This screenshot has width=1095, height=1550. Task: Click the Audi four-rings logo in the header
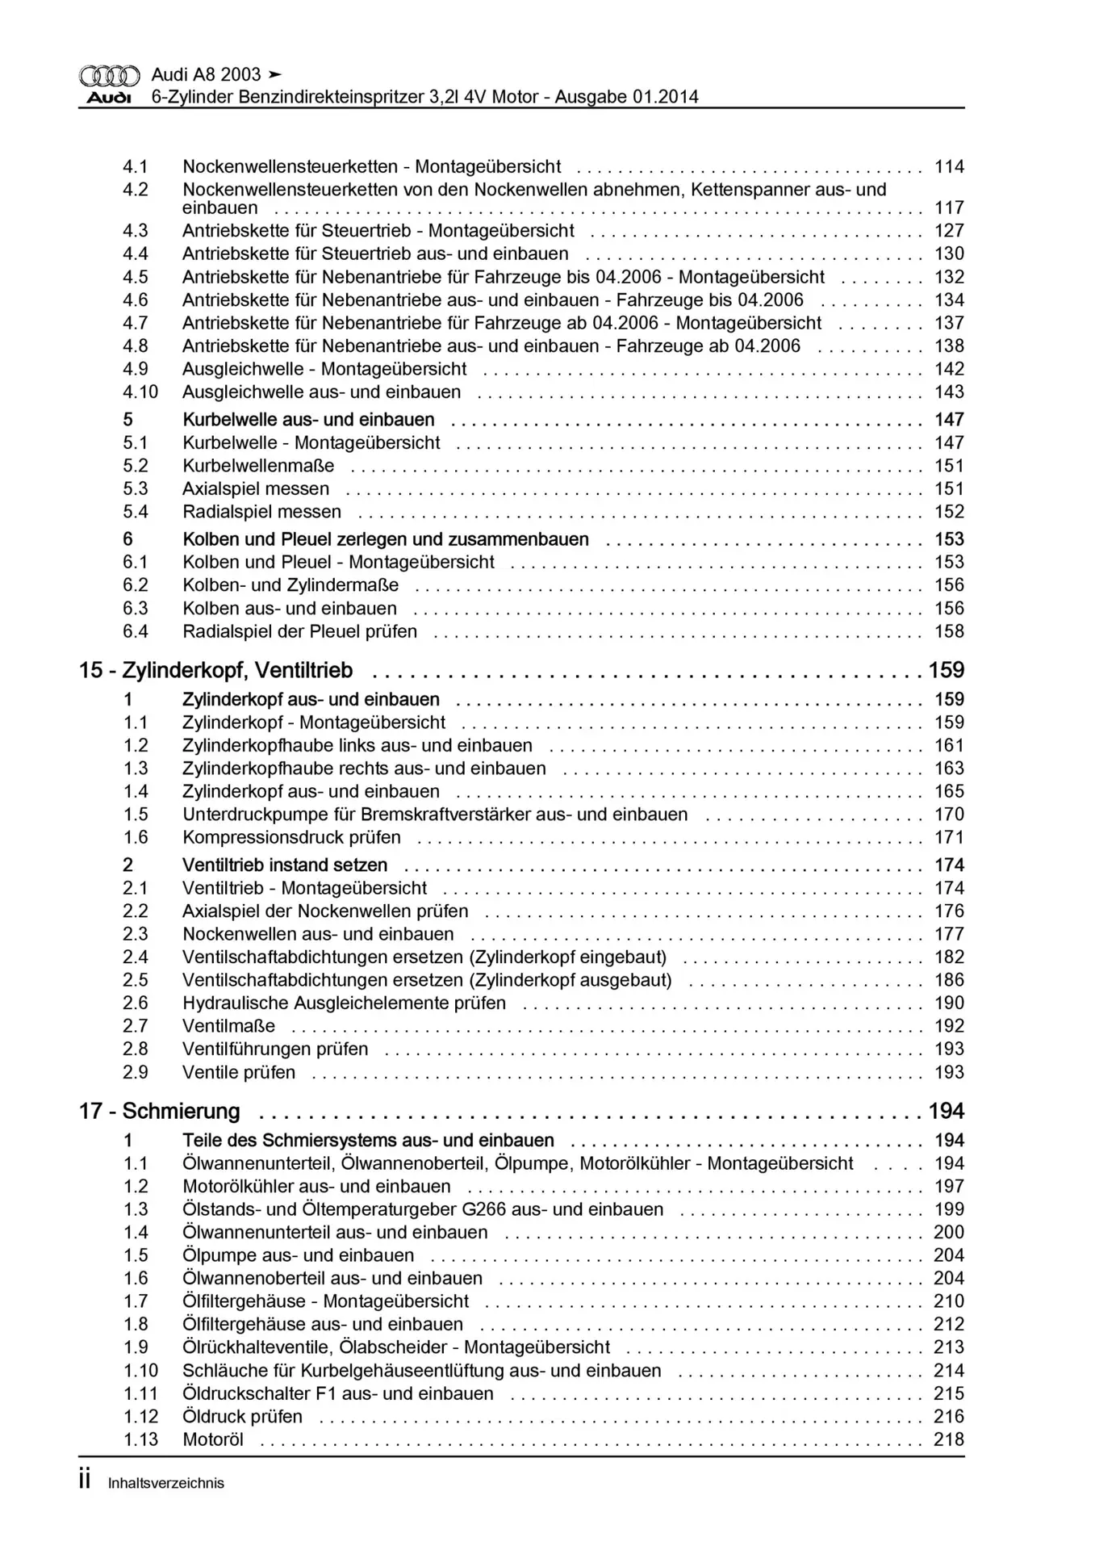109,76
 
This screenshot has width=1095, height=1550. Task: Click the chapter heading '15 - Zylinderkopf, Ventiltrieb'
215,670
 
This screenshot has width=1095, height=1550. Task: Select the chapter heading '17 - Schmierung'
159,1111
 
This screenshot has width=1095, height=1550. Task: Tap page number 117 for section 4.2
949,207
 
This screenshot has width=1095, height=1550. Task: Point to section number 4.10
140,392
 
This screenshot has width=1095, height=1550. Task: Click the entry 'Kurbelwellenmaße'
258,466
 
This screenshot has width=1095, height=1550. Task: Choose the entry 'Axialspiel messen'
256,488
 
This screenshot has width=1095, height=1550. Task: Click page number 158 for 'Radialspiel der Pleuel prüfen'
949,631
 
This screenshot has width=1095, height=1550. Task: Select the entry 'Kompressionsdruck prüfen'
291,837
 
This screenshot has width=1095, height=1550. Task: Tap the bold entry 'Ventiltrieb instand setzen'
285,865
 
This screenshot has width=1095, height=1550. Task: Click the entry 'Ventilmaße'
228,1026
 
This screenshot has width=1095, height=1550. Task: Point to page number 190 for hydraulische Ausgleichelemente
949,1003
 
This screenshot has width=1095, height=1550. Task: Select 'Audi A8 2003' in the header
206,74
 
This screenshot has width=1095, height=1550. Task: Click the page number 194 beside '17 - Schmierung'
946,1111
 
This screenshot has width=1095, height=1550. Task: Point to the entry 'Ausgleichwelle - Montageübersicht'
324,369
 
